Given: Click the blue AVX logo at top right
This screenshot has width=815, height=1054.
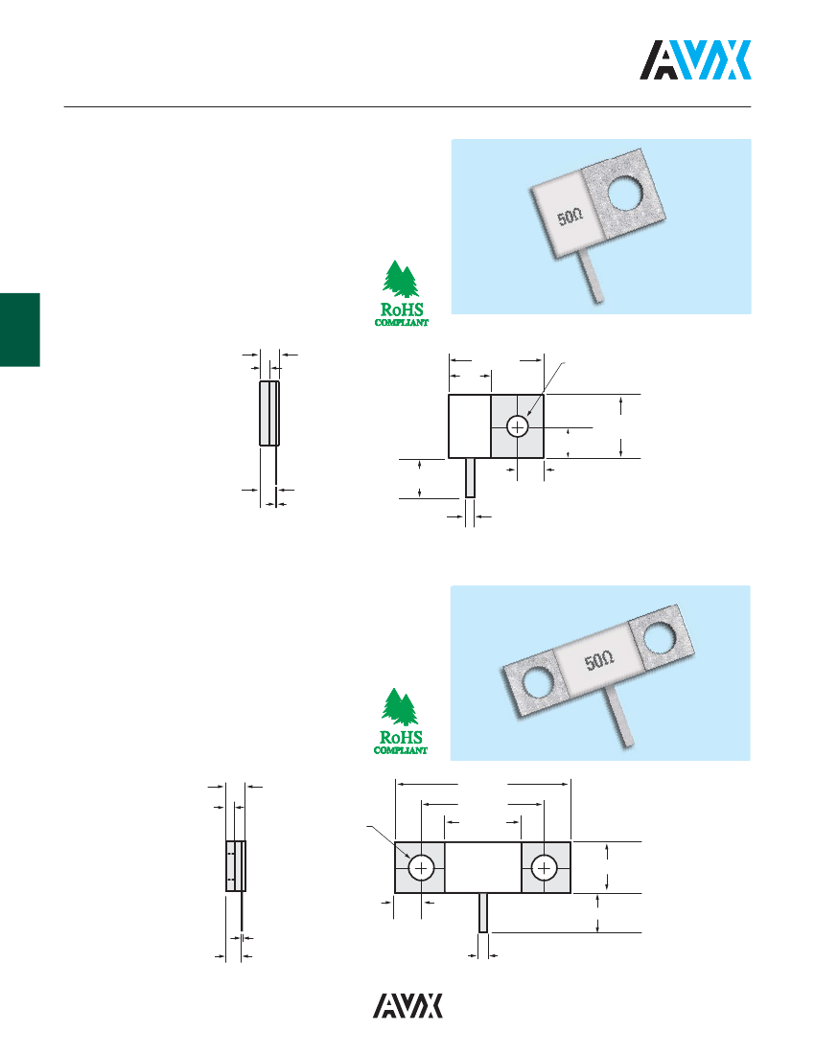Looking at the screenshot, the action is tap(695, 59).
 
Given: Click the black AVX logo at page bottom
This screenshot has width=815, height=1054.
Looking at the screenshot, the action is tap(408, 1005).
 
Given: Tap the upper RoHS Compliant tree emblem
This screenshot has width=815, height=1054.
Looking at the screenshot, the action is tap(402, 293).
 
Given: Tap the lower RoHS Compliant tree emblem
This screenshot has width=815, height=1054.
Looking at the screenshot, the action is tap(401, 721).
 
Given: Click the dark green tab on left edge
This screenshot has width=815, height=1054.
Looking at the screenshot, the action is tap(20, 330).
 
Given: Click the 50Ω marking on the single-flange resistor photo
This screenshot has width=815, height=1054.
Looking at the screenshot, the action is tap(570, 218).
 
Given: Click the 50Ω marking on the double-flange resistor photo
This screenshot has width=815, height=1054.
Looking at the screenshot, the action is tap(599, 660).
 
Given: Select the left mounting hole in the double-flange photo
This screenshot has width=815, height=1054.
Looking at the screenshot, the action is tap(538, 681).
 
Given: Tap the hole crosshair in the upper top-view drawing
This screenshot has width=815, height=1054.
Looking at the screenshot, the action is tap(517, 426).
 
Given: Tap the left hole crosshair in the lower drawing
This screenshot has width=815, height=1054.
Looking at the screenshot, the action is tap(421, 868).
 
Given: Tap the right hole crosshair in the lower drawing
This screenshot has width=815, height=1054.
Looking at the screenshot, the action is tap(544, 868).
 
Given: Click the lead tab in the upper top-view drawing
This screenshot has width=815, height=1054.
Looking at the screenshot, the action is tap(470, 478).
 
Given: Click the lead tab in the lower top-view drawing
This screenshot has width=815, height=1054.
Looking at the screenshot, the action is tap(483, 913).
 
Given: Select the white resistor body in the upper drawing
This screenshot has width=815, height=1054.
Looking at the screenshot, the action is tap(470, 426).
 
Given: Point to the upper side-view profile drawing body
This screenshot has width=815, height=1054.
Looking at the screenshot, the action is tap(269, 413).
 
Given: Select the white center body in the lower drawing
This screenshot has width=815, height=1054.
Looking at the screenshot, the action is tap(483, 868).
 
